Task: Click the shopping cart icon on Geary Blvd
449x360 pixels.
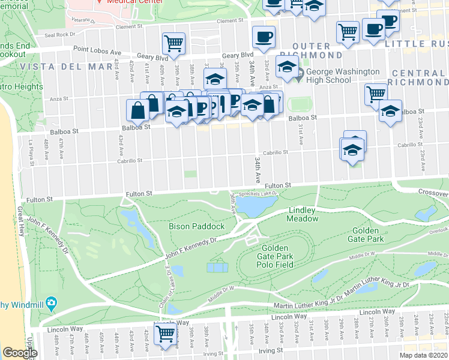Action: coord(173,43)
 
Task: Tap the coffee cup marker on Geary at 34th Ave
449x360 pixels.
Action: coord(264,37)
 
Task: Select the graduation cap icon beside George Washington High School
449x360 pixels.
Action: coord(287,67)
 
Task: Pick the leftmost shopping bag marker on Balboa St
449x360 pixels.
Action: coord(138,110)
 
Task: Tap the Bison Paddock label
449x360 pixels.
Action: coord(196,226)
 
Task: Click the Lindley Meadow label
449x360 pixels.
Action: coord(304,215)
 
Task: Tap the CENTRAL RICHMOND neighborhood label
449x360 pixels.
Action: coord(418,77)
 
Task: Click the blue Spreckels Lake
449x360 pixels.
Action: coord(253,206)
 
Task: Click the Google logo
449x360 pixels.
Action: coord(20,352)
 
